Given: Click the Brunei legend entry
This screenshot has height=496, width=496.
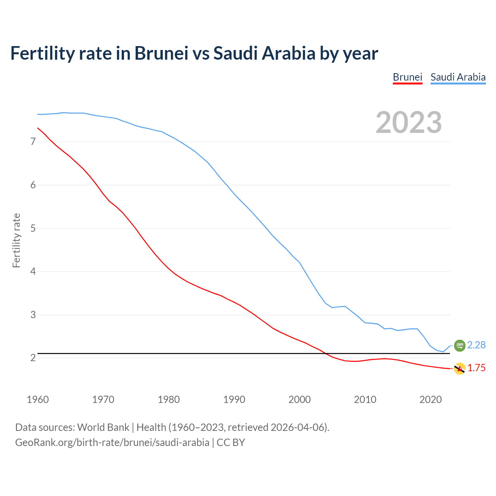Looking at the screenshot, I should coord(407,77).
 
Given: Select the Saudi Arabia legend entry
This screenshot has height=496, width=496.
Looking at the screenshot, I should coord(458,77).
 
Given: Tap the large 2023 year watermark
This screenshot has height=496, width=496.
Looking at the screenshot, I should coord(409,122).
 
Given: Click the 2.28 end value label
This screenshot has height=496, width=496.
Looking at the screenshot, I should coord(476,345).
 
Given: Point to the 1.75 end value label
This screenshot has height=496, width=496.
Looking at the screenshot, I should coord(476,368).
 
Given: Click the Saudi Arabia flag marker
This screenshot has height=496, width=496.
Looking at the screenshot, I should coord(460,345).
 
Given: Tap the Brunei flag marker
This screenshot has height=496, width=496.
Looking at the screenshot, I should coord(460,369).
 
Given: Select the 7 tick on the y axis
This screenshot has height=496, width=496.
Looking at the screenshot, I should coord(33,142).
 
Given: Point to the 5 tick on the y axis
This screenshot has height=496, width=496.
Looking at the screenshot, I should coord(33,228).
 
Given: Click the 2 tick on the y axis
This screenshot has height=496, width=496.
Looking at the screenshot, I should coord(33,358).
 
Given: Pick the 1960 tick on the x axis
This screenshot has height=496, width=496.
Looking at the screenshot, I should coord(38,400).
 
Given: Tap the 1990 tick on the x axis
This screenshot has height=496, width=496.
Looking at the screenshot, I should coord(234,400).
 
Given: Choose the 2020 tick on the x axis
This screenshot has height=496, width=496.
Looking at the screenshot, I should coord(431,400).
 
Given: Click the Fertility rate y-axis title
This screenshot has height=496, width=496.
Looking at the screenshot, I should coord(16,240).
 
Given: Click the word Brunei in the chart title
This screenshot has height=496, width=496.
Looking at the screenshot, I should coord(161,53).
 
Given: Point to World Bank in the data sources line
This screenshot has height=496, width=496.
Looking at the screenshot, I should coord(103,427).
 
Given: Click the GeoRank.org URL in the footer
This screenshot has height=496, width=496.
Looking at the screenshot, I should coord(112,443).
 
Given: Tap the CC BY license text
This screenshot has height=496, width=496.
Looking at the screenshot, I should coord(231,443).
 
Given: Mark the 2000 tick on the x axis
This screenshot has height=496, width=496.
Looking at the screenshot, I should coord(300,400).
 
